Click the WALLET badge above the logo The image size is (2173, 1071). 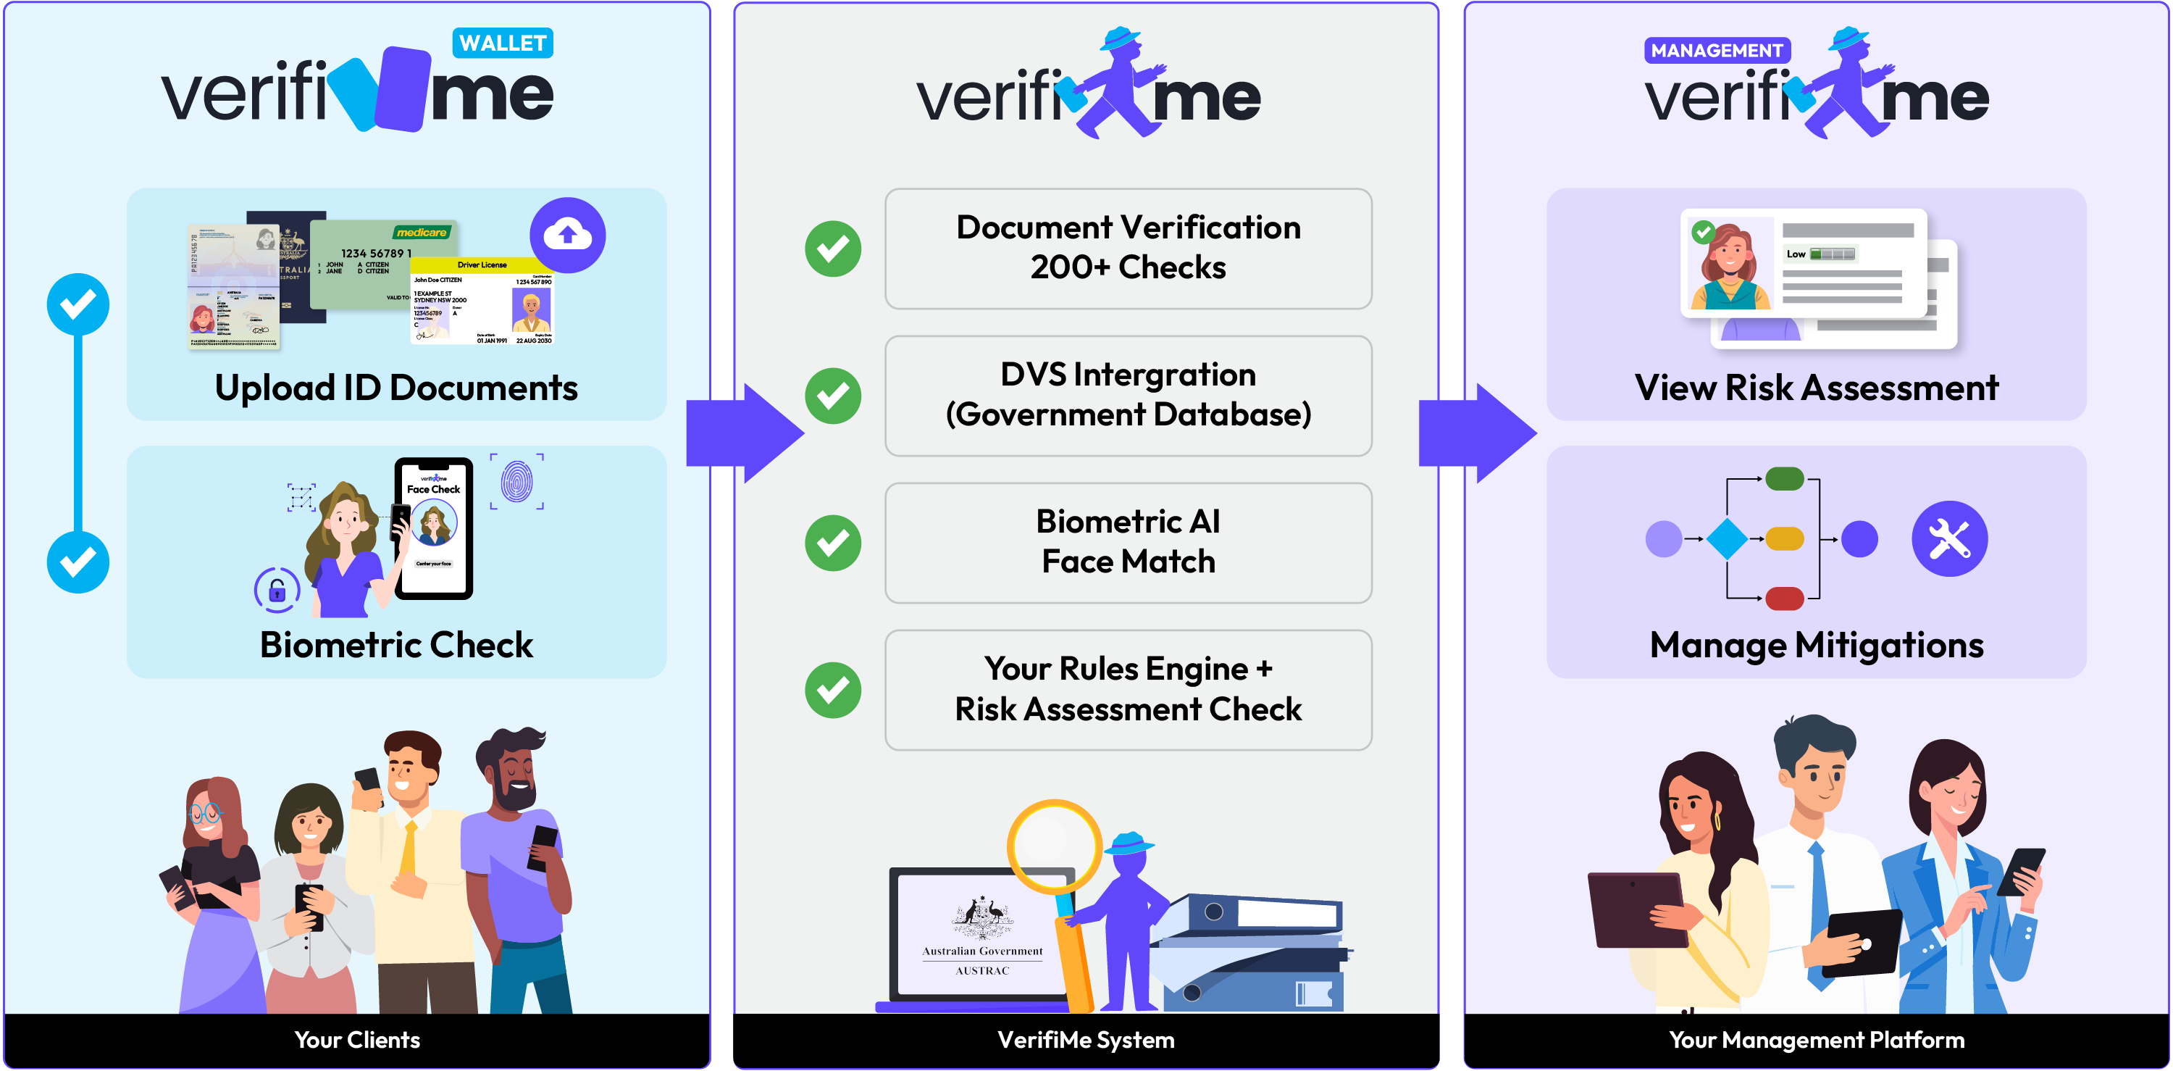(502, 43)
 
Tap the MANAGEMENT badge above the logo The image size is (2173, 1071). (1716, 51)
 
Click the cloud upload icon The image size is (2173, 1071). (567, 235)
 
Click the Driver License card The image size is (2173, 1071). (482, 302)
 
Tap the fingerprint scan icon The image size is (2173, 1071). (517, 482)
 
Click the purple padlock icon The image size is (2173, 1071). (277, 591)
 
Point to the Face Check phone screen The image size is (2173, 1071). (434, 528)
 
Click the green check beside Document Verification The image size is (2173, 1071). (832, 249)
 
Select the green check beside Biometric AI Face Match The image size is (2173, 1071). (832, 543)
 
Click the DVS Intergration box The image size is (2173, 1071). (1128, 395)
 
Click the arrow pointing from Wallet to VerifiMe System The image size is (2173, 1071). (743, 433)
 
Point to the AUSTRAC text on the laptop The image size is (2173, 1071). (982, 970)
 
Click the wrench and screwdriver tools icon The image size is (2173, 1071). (1948, 538)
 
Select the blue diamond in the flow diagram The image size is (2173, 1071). (1727, 538)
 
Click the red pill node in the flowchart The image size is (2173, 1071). (1784, 599)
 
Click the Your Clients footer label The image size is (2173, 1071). (357, 1040)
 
